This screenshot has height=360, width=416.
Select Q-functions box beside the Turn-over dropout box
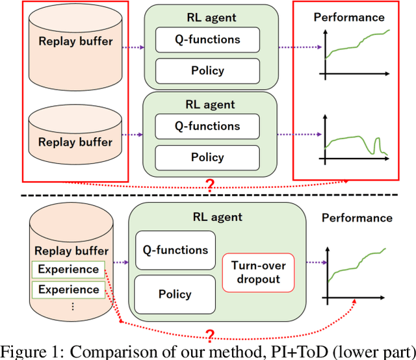[x=174, y=250]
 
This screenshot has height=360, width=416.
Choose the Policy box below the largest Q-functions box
[x=174, y=294]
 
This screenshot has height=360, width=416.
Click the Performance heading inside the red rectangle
[x=349, y=18]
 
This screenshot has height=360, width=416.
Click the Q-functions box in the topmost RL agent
[x=207, y=39]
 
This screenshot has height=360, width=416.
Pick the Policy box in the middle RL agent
[x=207, y=157]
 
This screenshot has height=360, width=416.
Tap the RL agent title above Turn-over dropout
[x=218, y=217]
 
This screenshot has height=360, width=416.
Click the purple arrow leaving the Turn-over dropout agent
[x=317, y=263]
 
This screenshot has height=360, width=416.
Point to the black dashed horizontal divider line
[x=208, y=195]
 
